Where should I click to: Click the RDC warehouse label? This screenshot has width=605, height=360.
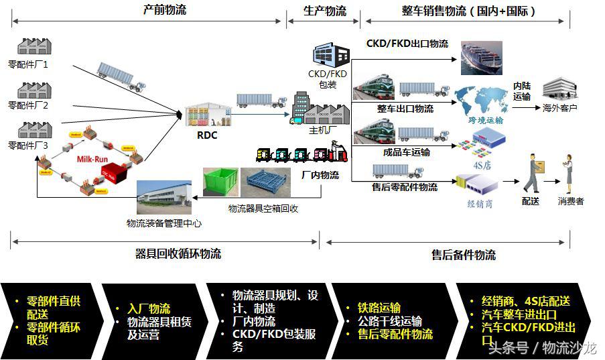tap(207, 135)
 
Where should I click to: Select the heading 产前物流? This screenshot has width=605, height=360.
tap(165, 10)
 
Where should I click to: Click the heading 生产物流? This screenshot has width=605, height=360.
tap(325, 11)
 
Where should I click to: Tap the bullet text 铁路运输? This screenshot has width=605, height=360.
tap(379, 308)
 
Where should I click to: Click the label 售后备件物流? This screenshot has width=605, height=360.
tap(464, 255)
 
